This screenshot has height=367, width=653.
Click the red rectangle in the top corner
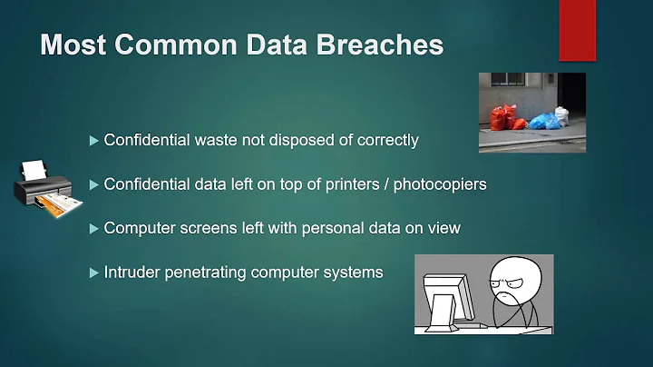[x=576, y=29]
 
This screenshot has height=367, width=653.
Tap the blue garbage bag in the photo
[x=543, y=121]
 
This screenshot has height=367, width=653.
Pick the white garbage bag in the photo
[x=562, y=115]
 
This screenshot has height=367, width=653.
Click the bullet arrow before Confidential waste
[x=93, y=141]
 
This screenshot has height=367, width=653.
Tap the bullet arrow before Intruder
[x=93, y=272]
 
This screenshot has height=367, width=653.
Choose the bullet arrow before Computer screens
[x=93, y=228]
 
